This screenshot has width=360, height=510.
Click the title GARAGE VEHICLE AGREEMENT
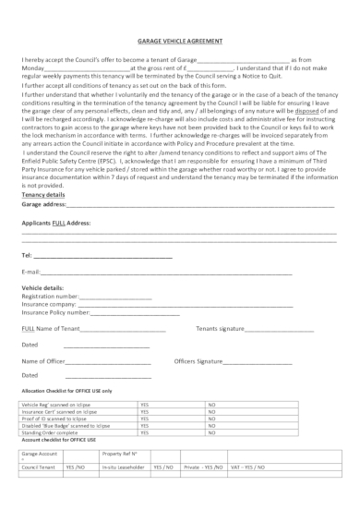[179, 42]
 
